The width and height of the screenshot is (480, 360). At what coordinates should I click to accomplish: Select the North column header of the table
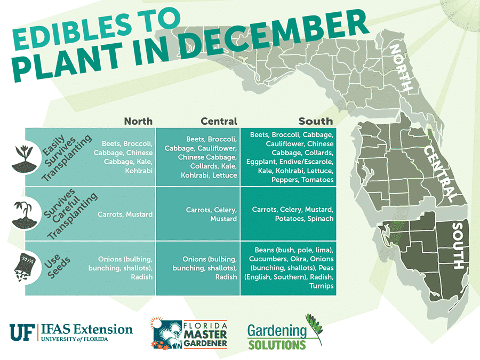pyautogui.click(x=138, y=121)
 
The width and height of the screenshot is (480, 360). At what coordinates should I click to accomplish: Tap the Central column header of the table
pyautogui.click(x=219, y=121)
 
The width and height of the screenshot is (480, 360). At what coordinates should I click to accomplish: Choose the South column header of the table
pyautogui.click(x=316, y=121)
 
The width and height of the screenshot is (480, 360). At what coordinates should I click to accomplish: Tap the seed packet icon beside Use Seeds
pyautogui.click(x=23, y=265)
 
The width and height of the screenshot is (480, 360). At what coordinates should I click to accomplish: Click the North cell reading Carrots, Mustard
pyautogui.click(x=125, y=214)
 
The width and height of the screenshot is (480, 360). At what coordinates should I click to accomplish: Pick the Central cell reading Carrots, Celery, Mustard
pyautogui.click(x=211, y=214)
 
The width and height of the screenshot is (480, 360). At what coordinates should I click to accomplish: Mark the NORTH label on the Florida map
pyautogui.click(x=402, y=68)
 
